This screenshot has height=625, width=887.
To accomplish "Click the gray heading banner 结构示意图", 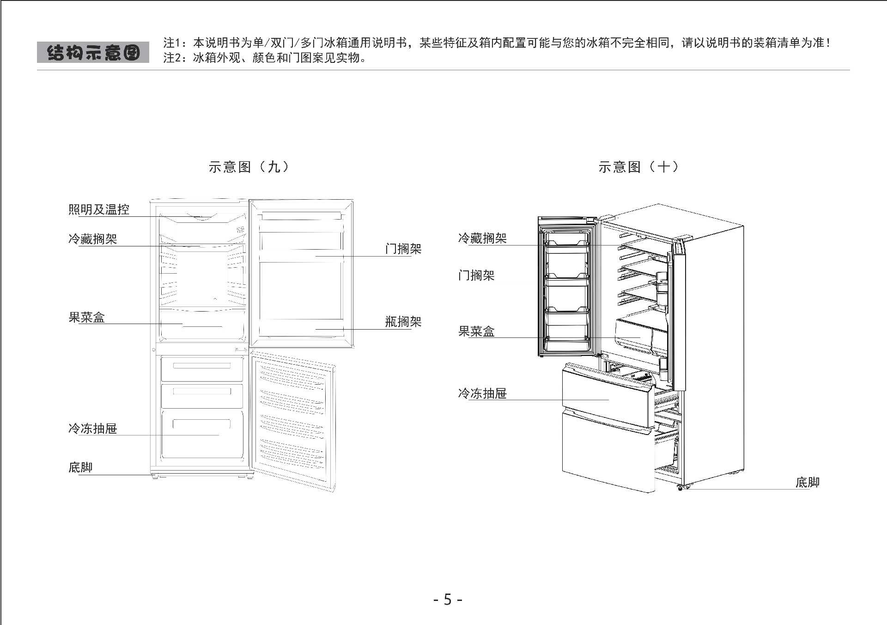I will pos(93,52).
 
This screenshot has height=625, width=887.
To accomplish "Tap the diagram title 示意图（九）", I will pos(249,167).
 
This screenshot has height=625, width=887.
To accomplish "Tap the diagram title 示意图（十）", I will pos(638,167).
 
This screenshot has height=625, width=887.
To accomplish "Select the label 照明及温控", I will pos(99,209).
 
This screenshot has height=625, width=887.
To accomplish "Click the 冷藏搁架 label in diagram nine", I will pos(93,239).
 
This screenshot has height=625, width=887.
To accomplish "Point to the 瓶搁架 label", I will pos(403,322).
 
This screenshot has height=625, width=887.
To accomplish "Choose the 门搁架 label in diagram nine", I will pos(403,249).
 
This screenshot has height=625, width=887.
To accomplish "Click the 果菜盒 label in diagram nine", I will pos(87,318).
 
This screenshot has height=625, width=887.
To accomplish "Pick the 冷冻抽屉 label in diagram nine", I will pos(93,429).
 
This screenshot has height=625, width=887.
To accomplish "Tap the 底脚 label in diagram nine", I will pos(80,467).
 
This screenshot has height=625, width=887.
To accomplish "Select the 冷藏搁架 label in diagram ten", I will pos(482,239).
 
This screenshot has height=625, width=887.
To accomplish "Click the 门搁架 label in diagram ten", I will pos(476,276).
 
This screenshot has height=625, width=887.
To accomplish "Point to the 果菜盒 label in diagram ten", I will pos(476,331).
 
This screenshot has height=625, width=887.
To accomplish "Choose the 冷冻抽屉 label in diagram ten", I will pos(482,393).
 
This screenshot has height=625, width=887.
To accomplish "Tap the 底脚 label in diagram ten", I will pos(807,483).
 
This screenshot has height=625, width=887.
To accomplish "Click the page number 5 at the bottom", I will pos(448,600).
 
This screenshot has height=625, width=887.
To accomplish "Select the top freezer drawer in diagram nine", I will pos(202,368).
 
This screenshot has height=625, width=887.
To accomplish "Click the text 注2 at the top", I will pos(172,58).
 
